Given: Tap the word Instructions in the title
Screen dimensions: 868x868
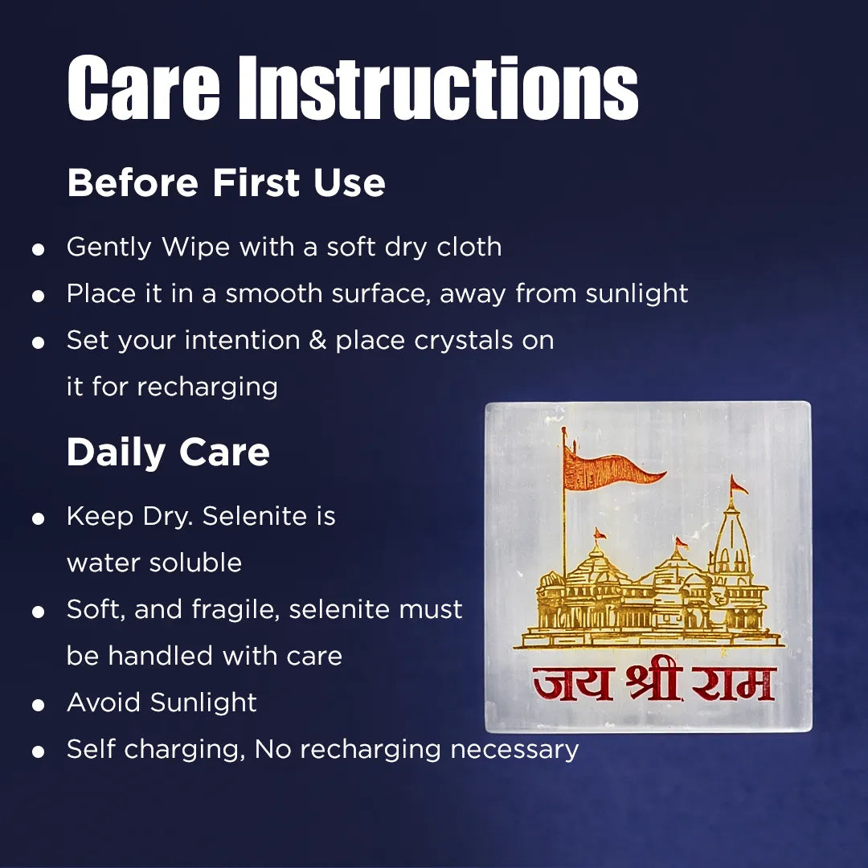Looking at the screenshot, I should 439,88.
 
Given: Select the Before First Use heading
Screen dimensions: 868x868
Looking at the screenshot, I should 226,183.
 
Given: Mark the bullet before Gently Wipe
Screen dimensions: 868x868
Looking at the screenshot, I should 38,249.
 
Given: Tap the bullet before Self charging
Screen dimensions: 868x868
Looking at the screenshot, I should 38,751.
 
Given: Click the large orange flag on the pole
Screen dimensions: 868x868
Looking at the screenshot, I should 611,469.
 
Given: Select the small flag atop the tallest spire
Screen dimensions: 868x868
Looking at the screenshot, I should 737,485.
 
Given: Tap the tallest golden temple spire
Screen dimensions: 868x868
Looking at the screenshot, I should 731,547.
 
